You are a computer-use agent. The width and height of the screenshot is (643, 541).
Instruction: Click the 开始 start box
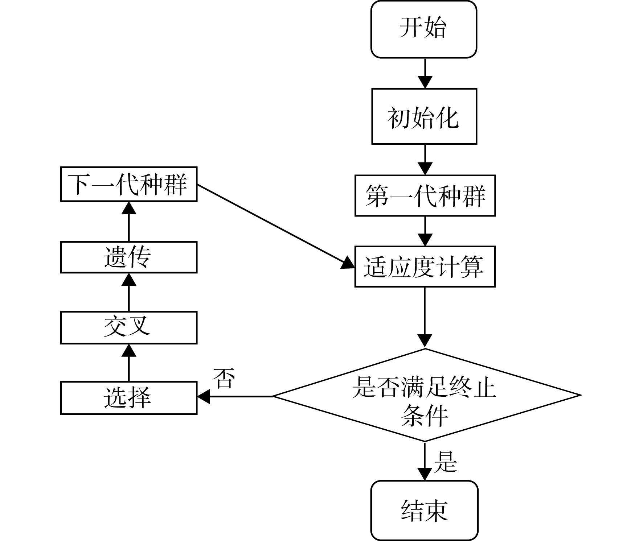pyautogui.click(x=423, y=29)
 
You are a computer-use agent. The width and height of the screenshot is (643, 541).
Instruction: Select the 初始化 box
pyautogui.click(x=424, y=116)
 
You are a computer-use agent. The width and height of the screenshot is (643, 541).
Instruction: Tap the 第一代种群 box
pyautogui.click(x=425, y=196)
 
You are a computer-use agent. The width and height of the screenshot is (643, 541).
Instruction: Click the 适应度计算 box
pyautogui.click(x=425, y=267)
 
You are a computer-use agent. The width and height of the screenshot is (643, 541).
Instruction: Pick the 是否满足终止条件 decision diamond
pyautogui.click(x=427, y=395)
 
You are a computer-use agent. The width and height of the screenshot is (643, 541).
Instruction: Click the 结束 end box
pyautogui.click(x=424, y=511)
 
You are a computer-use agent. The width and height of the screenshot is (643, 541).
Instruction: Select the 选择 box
pyautogui.click(x=128, y=398)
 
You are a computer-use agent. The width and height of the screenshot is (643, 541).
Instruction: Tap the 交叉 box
pyautogui.click(x=128, y=327)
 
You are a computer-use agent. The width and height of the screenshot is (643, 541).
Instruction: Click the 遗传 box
pyautogui.click(x=128, y=257)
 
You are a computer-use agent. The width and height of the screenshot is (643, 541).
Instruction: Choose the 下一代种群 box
pyautogui.click(x=128, y=184)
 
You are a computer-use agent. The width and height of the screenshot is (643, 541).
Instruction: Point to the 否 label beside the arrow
pyautogui.click(x=224, y=378)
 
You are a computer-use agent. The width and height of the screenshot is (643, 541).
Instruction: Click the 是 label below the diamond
pyautogui.click(x=445, y=461)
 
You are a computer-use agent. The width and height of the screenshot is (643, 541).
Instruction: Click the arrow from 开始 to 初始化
pyautogui.click(x=425, y=73)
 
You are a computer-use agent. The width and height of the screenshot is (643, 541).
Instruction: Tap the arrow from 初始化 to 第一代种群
pyautogui.click(x=425, y=160)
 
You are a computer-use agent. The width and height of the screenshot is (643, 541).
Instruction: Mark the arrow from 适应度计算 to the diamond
pyautogui.click(x=425, y=318)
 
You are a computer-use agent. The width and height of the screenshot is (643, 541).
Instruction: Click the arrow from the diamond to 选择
pyautogui.click(x=235, y=396)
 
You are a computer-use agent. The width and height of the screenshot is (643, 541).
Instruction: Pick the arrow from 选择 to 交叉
pyautogui.click(x=129, y=363)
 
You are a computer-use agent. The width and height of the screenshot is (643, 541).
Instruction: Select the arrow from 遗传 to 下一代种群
pyautogui.click(x=129, y=222)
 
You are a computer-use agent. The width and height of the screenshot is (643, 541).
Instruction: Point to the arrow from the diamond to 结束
pyautogui.click(x=425, y=461)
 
